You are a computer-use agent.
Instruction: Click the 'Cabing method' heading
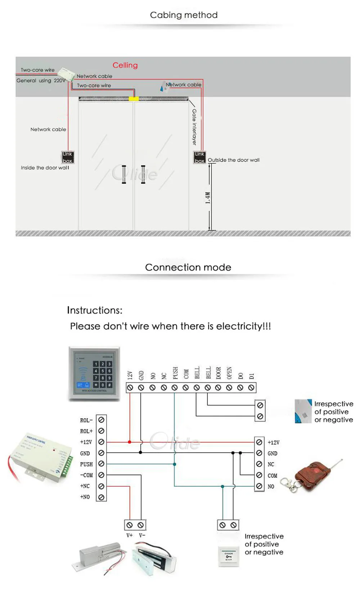coord(184,15)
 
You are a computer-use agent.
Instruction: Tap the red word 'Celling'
coord(125,65)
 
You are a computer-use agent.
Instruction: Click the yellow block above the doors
coord(134,99)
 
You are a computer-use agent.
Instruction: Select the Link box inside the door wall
coord(67,157)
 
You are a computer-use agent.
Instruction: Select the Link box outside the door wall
coord(199,157)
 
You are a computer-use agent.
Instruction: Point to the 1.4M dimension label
coord(208,198)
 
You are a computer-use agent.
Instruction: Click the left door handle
coord(124,175)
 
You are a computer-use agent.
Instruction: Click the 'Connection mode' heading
coord(188,267)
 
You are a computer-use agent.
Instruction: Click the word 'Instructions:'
coord(95,310)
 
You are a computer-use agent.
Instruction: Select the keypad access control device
coord(94,373)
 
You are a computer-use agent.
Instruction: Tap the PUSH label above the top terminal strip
coord(175,373)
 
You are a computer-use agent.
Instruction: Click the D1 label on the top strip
coord(252,376)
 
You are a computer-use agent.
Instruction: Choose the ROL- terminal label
coord(86,420)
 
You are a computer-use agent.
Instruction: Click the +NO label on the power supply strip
coord(85,497)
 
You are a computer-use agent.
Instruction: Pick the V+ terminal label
coord(130,536)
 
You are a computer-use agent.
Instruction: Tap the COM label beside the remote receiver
coord(273,475)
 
